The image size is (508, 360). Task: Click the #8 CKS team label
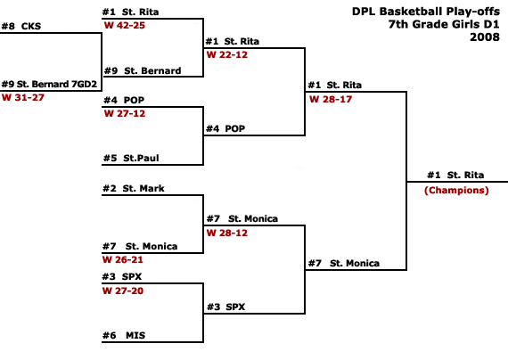21,26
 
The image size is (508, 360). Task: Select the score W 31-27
23,97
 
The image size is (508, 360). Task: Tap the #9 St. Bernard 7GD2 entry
49,85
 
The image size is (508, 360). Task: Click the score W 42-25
125,25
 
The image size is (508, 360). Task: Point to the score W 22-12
227,54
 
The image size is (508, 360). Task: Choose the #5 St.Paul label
131,158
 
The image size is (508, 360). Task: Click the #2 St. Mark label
134,188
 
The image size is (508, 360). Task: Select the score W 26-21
123,259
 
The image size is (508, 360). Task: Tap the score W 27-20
123,290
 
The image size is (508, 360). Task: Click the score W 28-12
227,233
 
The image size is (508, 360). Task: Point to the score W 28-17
331,99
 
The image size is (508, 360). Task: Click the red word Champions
456,190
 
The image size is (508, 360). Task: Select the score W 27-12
125,113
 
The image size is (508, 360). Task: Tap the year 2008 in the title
485,37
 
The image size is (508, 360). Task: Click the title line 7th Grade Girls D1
444,24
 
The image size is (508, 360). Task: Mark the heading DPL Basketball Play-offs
426,12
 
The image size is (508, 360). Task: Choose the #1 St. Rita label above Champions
455,175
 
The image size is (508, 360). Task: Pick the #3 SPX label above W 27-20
122,277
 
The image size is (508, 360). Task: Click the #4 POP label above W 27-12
124,100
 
